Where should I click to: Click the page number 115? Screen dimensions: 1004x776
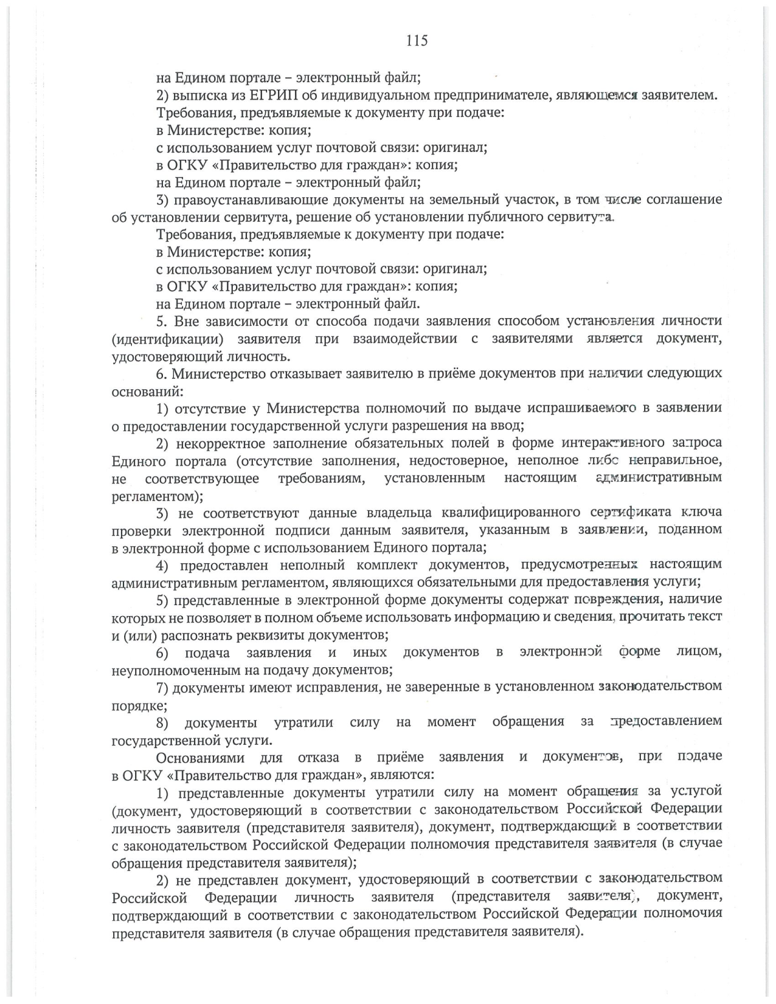click(x=416, y=41)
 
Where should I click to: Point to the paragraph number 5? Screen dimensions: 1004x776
click(x=162, y=321)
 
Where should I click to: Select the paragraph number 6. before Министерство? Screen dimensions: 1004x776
click(x=162, y=374)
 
